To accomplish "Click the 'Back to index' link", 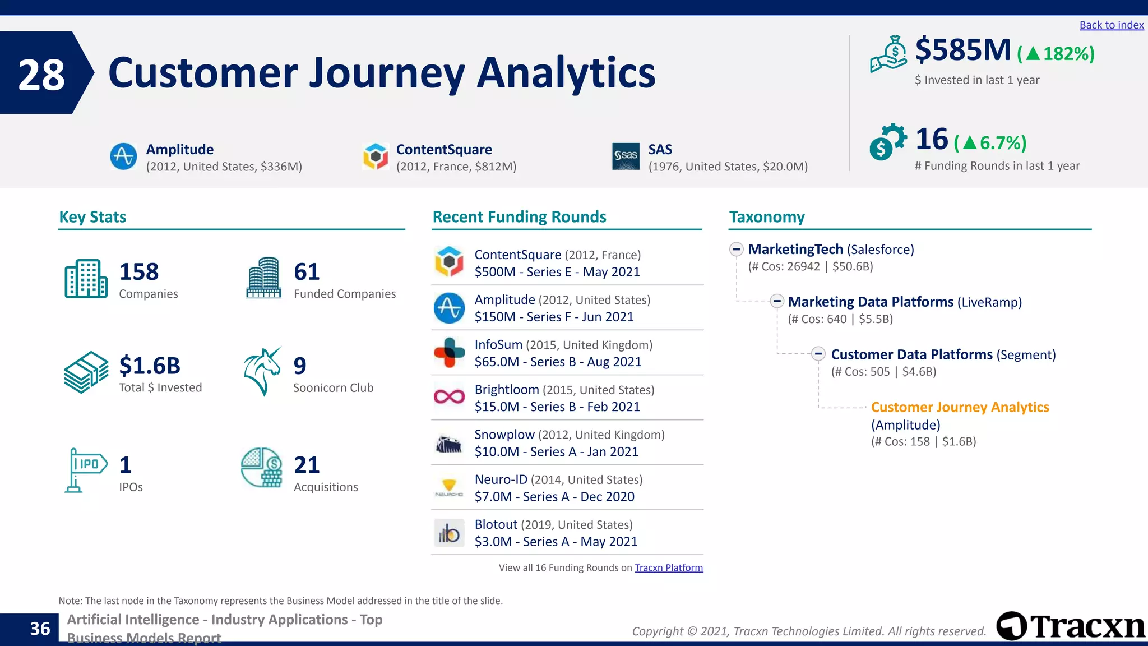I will pyautogui.click(x=1111, y=25).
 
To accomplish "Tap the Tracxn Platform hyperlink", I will pyautogui.click(x=668, y=567).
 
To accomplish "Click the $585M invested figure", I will pyautogui.click(x=962, y=50).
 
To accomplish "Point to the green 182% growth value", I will pyautogui.click(x=1068, y=54).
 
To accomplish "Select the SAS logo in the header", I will pyautogui.click(x=626, y=156).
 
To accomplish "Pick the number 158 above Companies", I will pyautogui.click(x=139, y=272).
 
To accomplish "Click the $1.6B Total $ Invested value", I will pyautogui.click(x=150, y=366).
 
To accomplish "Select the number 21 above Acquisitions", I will pyautogui.click(x=307, y=465).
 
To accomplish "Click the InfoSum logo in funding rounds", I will pyautogui.click(x=449, y=353).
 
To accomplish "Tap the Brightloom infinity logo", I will pyautogui.click(x=449, y=397).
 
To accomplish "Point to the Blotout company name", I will pyautogui.click(x=496, y=524).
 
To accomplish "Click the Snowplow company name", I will pyautogui.click(x=504, y=435).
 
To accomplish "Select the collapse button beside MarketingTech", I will pyautogui.click(x=737, y=249).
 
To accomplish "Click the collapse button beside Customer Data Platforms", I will pyautogui.click(x=818, y=354).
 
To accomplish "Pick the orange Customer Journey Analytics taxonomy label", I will pyautogui.click(x=960, y=407).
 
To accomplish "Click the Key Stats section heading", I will pyautogui.click(x=92, y=217).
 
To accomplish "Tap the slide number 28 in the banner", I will pyautogui.click(x=41, y=75).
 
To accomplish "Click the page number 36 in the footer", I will pyautogui.click(x=40, y=629).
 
